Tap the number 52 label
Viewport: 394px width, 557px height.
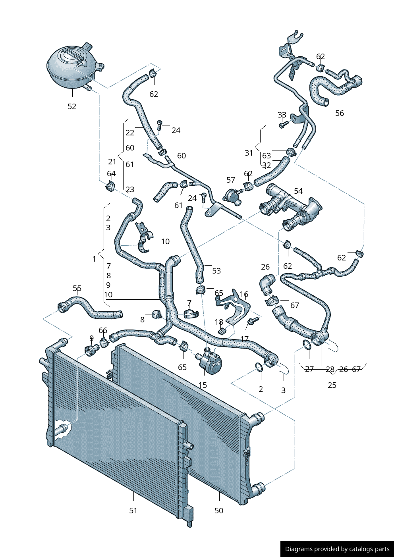(x=72, y=106)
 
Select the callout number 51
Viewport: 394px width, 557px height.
(x=133, y=511)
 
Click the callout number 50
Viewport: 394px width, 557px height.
(x=219, y=511)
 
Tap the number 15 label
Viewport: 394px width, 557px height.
(x=203, y=385)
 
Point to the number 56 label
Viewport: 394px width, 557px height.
(x=340, y=113)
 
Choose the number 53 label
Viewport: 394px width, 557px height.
(x=216, y=271)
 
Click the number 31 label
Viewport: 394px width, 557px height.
(x=249, y=153)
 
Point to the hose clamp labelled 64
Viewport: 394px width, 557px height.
(x=110, y=185)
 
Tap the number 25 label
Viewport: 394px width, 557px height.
(x=332, y=385)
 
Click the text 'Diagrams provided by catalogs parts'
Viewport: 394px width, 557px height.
(x=337, y=549)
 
